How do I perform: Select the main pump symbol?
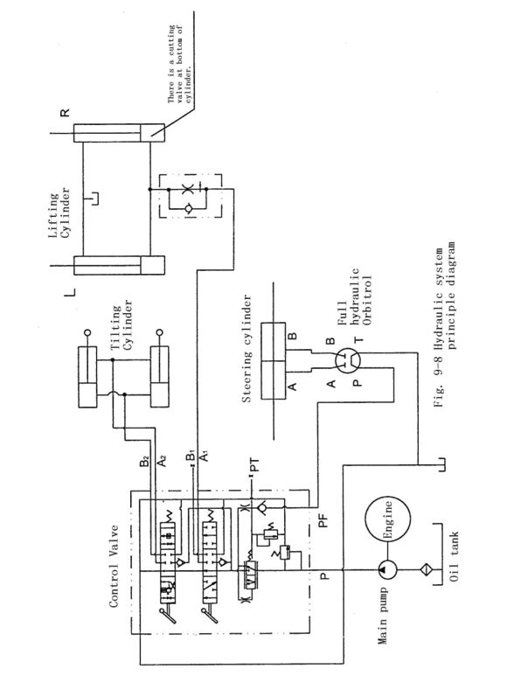(x=387, y=570)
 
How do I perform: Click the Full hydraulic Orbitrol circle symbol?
(x=348, y=360)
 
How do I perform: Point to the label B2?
(x=144, y=461)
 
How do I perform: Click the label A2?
(x=162, y=461)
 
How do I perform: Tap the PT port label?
(x=255, y=465)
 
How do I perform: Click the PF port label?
(x=323, y=520)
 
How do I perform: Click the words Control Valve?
(x=114, y=566)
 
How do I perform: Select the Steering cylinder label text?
(x=247, y=348)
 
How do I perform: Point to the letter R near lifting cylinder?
(x=64, y=113)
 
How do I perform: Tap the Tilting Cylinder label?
(x=122, y=327)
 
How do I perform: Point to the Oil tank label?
(x=454, y=556)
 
